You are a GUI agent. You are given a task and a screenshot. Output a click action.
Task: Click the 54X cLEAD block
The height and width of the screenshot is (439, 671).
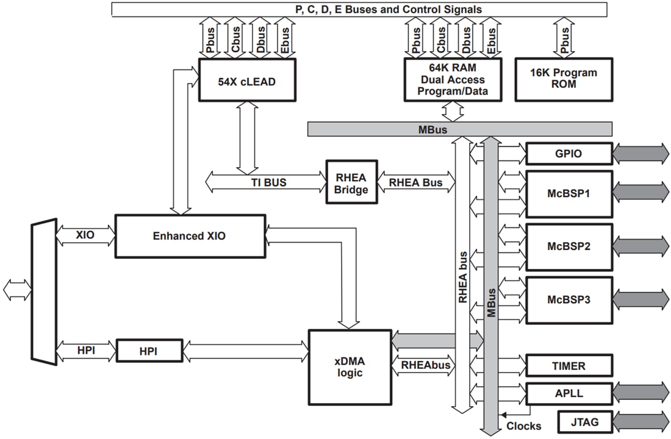tap(247, 80)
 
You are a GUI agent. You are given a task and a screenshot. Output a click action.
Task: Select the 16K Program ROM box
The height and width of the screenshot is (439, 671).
tap(564, 79)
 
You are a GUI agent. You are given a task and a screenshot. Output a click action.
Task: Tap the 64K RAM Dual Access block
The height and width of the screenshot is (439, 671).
tap(452, 79)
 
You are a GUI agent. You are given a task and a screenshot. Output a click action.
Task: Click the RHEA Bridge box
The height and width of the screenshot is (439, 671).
tap(351, 182)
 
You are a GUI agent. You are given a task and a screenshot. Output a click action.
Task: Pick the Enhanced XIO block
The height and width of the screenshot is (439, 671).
tap(190, 235)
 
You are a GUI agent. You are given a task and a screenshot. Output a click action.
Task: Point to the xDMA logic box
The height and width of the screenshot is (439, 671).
tap(350, 366)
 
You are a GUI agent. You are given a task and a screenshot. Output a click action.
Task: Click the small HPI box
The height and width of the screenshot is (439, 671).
tap(149, 351)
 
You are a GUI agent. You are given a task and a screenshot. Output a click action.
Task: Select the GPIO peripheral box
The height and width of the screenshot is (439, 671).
tap(569, 154)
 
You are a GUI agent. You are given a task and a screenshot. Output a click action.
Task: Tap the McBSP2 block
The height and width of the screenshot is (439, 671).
tap(569, 247)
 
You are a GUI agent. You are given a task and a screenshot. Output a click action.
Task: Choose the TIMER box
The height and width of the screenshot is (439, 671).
tap(569, 366)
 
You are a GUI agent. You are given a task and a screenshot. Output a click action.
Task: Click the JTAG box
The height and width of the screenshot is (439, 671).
tap(584, 421)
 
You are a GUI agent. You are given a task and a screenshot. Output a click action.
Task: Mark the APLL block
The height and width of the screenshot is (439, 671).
tap(569, 393)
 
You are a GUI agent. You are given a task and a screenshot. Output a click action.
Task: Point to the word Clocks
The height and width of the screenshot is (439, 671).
tap(523, 426)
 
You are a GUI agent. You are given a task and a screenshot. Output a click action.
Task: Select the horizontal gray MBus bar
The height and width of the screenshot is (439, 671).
tap(459, 129)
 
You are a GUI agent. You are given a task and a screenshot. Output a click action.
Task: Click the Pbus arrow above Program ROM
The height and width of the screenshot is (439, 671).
tap(564, 37)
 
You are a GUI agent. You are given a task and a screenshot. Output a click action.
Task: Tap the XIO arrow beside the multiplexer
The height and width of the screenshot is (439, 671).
tap(85, 235)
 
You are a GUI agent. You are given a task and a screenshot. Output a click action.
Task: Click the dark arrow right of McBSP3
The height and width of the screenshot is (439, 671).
tap(640, 299)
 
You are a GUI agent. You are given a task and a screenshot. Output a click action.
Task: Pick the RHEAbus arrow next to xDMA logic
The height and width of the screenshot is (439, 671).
tap(425, 366)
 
